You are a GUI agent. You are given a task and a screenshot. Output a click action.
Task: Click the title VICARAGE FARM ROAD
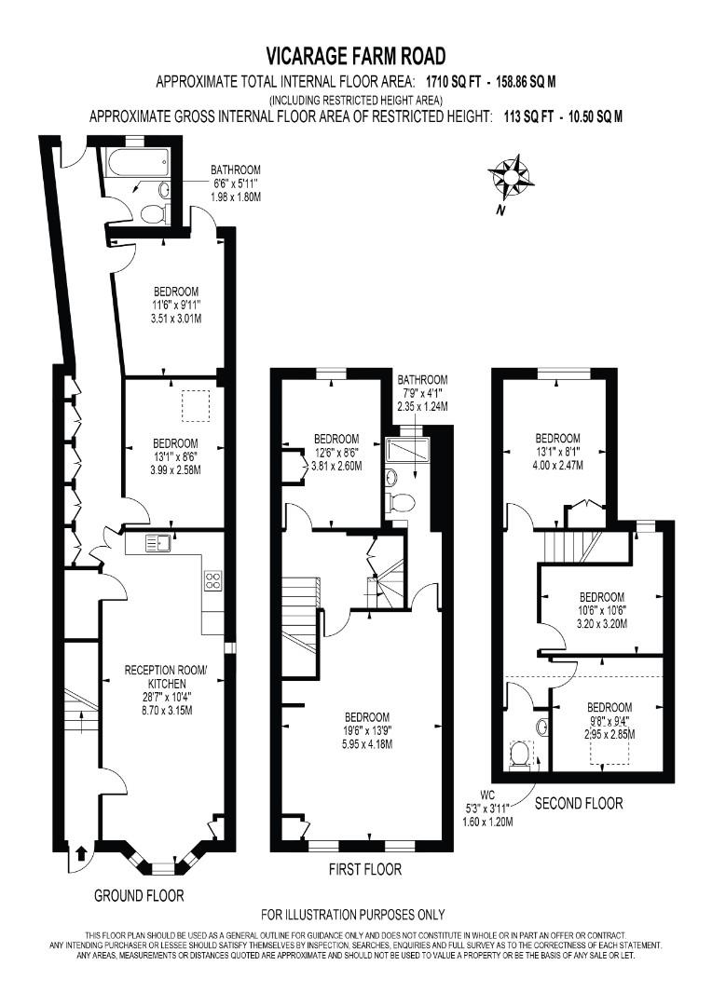pyautogui.click(x=355, y=57)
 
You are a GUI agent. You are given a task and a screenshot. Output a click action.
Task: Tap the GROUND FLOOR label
pyautogui.click(x=139, y=895)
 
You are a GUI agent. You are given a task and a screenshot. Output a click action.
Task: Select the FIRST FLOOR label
pyautogui.click(x=365, y=869)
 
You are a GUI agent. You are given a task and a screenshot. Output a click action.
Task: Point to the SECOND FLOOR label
pyautogui.click(x=578, y=803)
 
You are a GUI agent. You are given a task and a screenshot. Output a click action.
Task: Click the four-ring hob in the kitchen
pyautogui.click(x=212, y=580)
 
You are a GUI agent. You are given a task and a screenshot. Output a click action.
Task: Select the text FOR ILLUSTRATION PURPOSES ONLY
pyautogui.click(x=352, y=915)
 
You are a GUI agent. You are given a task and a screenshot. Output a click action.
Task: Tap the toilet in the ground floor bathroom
pyautogui.click(x=153, y=213)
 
